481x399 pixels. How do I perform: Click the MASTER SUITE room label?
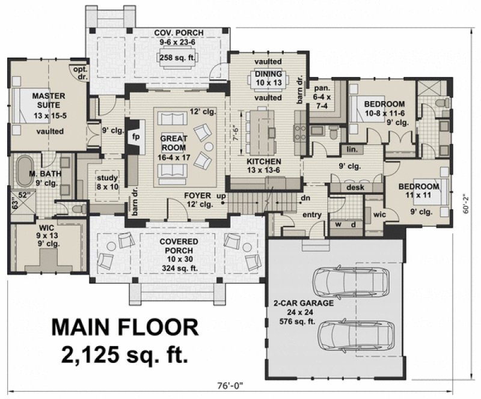(44, 100)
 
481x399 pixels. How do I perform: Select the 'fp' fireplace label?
(135, 136)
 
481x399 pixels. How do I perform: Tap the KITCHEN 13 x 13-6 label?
(265, 166)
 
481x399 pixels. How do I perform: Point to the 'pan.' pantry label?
(319, 88)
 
